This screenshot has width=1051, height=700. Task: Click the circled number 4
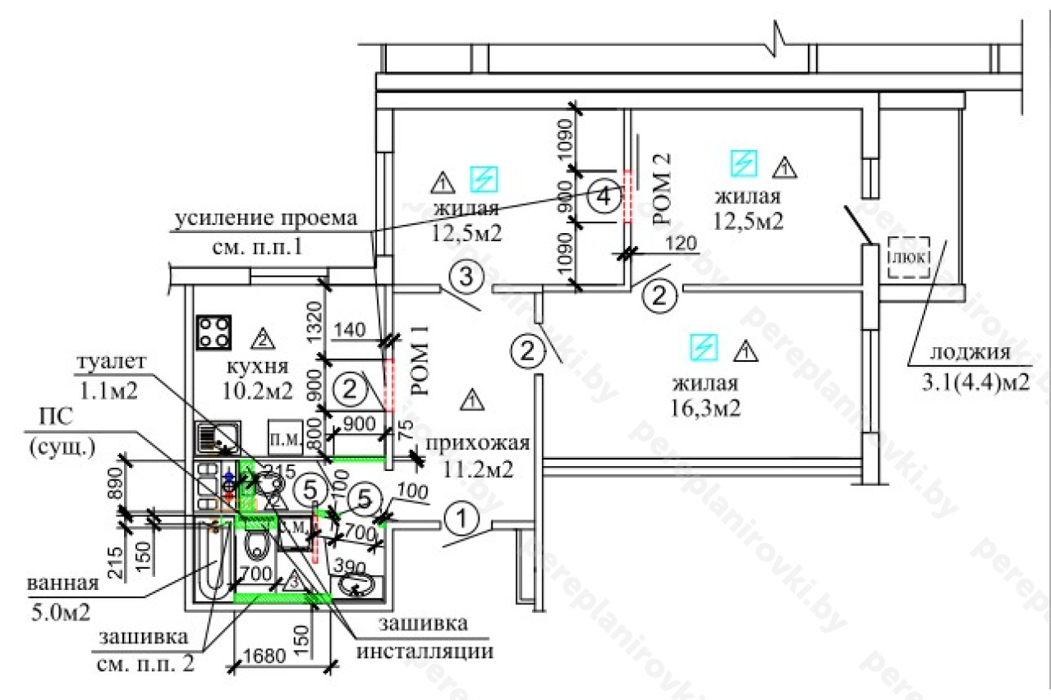[604, 197]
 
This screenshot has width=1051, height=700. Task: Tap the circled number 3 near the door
[465, 277]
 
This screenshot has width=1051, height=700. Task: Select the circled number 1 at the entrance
[461, 519]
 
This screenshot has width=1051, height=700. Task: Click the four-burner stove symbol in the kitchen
[213, 332]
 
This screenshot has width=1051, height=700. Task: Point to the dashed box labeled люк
[909, 257]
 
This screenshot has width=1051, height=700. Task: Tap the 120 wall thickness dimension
[680, 243]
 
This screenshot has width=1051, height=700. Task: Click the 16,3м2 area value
[706, 407]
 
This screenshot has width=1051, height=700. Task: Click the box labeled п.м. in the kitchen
[284, 432]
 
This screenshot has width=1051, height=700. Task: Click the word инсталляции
[425, 652]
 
